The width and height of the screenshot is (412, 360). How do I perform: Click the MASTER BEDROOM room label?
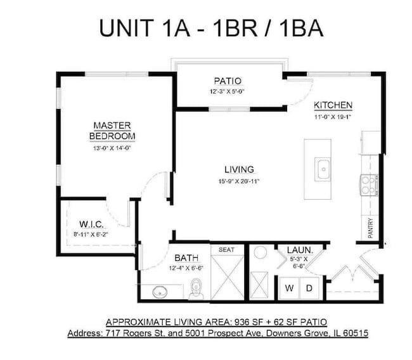tap(112, 131)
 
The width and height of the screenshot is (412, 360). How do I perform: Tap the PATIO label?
tap(228, 81)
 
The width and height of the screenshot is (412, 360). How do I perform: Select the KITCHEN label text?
tap(333, 105)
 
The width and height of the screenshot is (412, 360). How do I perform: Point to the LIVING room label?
tap(239, 169)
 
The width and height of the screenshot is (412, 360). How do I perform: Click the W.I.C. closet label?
tap(91, 225)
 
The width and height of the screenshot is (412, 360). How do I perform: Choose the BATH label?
tap(186, 258)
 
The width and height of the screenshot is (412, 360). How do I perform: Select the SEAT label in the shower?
tap(226, 250)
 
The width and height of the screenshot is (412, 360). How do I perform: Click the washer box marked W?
tap(289, 288)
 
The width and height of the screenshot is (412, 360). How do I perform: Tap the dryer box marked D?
tap(309, 288)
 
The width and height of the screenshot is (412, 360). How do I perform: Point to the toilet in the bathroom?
tap(196, 288)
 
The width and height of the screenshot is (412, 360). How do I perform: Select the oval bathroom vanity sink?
tap(158, 292)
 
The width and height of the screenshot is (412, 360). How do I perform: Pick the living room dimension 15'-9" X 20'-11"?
tap(239, 181)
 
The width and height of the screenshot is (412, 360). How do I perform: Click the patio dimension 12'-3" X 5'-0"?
tap(228, 91)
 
